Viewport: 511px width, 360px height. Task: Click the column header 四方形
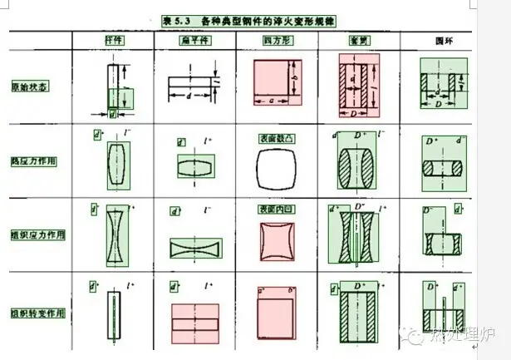pyautogui.click(x=276, y=40)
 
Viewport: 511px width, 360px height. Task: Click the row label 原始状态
pyautogui.click(x=29, y=86)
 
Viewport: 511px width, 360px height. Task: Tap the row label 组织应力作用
pyautogui.click(x=36, y=235)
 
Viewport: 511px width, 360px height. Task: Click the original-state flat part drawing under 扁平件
pyautogui.click(x=193, y=86)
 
